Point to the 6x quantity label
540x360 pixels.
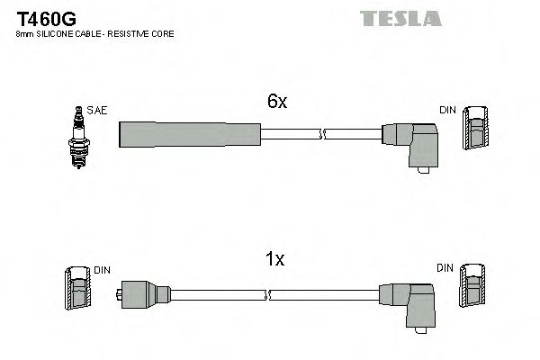coord(276,103)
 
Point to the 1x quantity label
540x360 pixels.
coord(276,260)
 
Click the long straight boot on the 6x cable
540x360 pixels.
coord(190,133)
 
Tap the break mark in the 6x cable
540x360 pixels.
coord(322,134)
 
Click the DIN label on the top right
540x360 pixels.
coord(447,110)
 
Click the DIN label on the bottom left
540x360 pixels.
coord(100,268)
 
